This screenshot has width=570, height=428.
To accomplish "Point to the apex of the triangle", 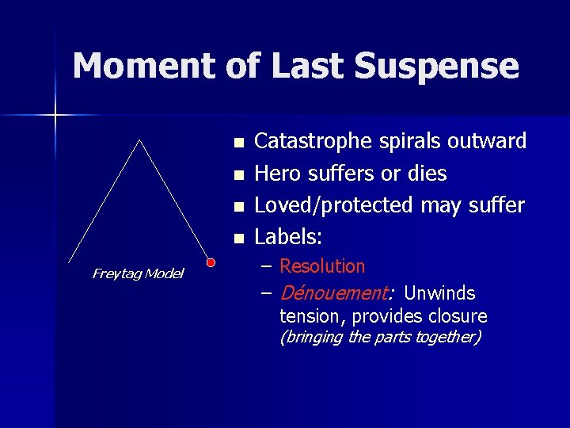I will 140,140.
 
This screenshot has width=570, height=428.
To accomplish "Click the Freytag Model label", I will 138,273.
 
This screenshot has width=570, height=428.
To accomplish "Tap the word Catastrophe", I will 311,142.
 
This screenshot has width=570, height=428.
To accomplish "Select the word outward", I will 487,141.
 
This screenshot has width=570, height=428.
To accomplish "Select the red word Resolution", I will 322,266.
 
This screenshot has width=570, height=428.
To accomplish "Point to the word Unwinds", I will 439,293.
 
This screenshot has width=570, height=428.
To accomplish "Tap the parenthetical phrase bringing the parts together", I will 380,338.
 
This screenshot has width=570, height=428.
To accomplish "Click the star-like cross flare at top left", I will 55,116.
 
